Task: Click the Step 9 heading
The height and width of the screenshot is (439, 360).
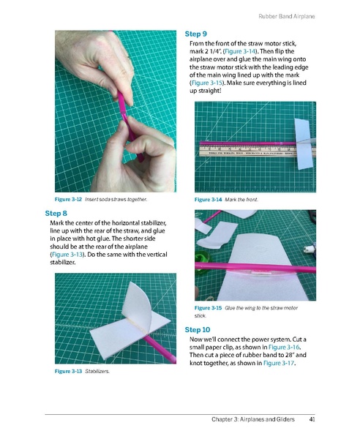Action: coord(195,34)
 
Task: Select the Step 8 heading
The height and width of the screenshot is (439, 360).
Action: coord(58,213)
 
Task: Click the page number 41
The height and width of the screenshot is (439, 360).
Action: coord(312,419)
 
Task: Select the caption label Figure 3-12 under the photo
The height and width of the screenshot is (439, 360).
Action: coord(68,199)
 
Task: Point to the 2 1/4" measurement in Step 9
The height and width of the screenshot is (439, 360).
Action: coord(213,56)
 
